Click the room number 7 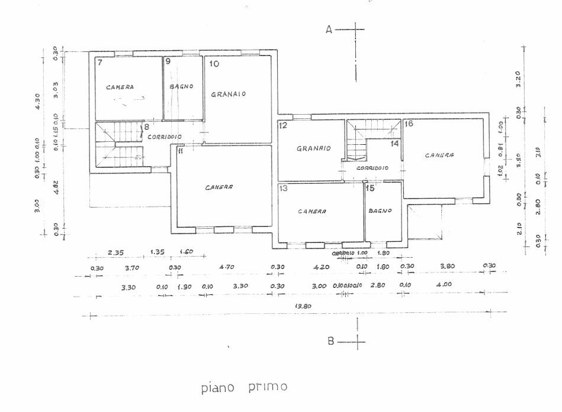click(101, 62)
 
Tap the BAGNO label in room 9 click(181, 87)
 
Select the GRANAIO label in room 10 click(228, 94)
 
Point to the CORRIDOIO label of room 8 click(164, 137)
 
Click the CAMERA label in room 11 click(219, 187)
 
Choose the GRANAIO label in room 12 click(313, 149)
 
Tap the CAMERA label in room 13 click(313, 211)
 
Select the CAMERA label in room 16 click(439, 155)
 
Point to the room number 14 click(394, 144)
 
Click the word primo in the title click(268, 387)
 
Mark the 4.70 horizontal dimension click(227, 267)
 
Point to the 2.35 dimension click(115, 253)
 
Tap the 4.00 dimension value click(443, 285)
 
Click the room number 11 click(180, 151)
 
